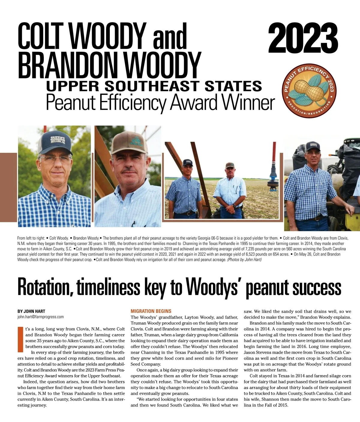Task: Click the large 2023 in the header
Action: tap(303, 39)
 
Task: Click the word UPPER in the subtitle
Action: tap(72, 86)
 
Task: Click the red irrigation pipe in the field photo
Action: tap(274, 156)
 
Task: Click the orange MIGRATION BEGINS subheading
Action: tap(151, 311)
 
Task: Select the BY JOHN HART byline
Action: tap(31, 311)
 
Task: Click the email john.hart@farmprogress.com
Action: tap(40, 317)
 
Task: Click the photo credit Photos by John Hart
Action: tap(244, 260)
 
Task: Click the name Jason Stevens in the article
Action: tap(256, 352)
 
